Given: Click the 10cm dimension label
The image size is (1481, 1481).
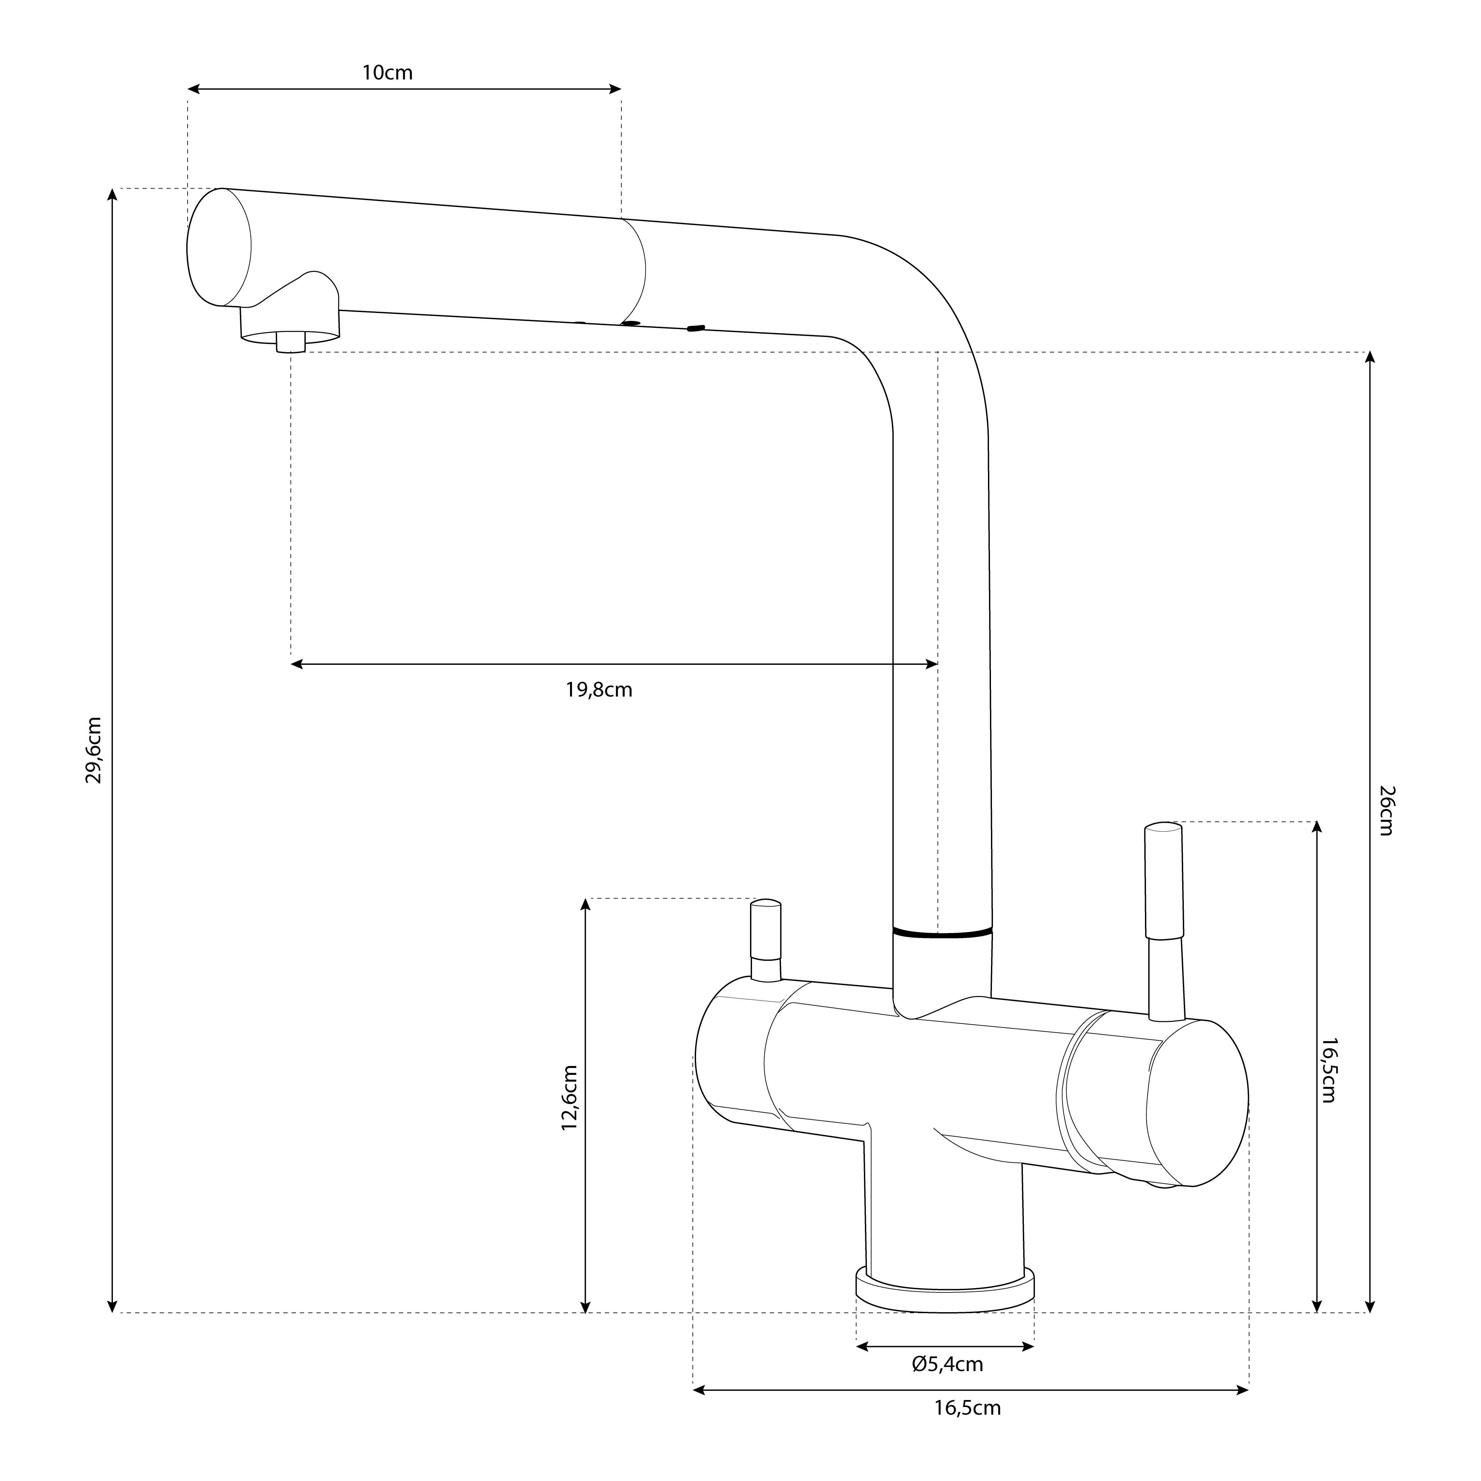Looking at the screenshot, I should (x=387, y=73).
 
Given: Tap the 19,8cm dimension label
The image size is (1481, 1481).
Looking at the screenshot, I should (x=599, y=690).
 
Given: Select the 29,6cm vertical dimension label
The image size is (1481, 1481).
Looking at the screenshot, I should (x=93, y=750).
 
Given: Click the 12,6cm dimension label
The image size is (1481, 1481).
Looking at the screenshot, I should (x=569, y=1098).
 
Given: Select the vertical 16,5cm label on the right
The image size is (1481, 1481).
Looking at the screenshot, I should (x=1328, y=1070).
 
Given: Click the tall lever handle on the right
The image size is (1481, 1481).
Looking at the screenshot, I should (x=1164, y=882).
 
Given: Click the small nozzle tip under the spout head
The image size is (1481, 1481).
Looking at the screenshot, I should (x=291, y=342).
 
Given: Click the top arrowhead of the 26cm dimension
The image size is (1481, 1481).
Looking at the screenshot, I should (x=1371, y=357).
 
